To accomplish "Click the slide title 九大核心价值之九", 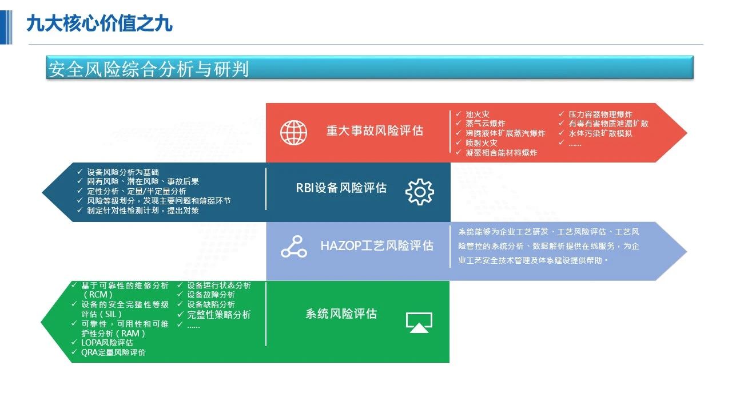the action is click(x=100, y=24).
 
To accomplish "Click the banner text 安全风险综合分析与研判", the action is click(x=149, y=69).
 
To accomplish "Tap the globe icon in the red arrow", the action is click(x=293, y=132).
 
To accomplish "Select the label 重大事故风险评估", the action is click(x=375, y=131).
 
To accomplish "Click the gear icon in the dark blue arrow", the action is click(x=420, y=192).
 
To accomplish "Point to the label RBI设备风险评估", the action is click(x=341, y=188).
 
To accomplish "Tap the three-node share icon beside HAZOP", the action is click(x=294, y=247).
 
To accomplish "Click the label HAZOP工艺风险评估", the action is click(x=377, y=245).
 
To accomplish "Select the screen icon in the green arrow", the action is click(x=419, y=323).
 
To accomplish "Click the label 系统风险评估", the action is click(x=341, y=314).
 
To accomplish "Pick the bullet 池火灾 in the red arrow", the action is click(x=478, y=114).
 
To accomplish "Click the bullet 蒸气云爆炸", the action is click(x=486, y=124).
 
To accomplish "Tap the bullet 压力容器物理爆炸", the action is click(x=600, y=114).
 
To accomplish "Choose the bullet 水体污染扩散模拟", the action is click(x=600, y=133).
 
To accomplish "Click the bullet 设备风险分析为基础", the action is click(x=123, y=172).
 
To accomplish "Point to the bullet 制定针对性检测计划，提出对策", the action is click(x=143, y=211).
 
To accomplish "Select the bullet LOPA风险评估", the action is click(x=107, y=343).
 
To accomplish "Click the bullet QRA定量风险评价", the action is click(x=113, y=352).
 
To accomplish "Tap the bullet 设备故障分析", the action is click(x=211, y=295).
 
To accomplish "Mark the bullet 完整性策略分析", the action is click(x=219, y=315).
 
